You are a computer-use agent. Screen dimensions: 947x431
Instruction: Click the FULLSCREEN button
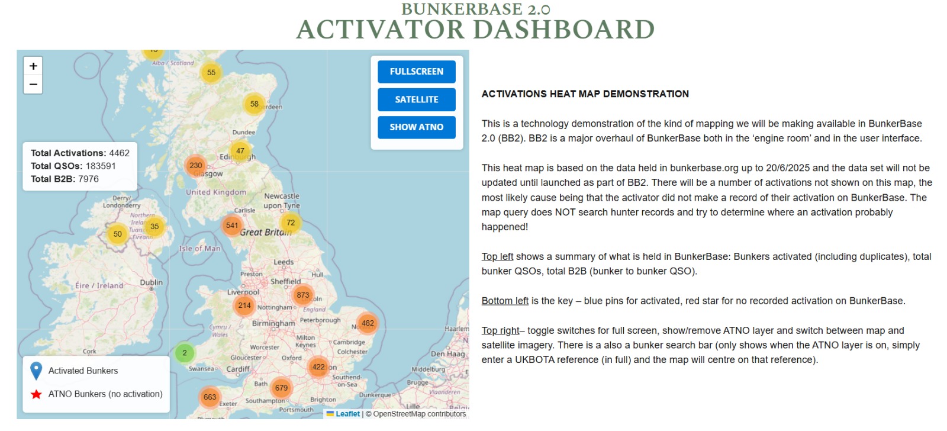pyautogui.click(x=417, y=72)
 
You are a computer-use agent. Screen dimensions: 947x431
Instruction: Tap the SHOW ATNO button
pyautogui.click(x=417, y=127)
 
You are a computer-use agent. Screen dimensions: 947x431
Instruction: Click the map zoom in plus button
pyautogui.click(x=33, y=66)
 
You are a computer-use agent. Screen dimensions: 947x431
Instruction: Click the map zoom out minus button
pyautogui.click(x=33, y=84)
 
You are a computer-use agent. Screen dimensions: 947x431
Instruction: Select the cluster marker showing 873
pyautogui.click(x=302, y=295)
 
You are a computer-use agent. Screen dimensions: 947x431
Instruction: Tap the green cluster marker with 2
pyautogui.click(x=184, y=352)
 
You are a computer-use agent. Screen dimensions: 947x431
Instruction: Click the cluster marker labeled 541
pyautogui.click(x=231, y=226)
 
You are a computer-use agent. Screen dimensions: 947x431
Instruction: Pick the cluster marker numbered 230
pyautogui.click(x=195, y=165)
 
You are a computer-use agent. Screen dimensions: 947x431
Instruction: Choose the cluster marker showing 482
pyautogui.click(x=368, y=324)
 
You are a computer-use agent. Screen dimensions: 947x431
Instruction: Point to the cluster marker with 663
pyautogui.click(x=210, y=397)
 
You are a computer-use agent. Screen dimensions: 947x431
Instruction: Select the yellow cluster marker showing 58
pyautogui.click(x=254, y=104)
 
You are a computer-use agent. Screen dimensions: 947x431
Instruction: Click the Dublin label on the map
pyautogui.click(x=151, y=282)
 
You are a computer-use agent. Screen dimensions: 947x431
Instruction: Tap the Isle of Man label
pyautogui.click(x=200, y=248)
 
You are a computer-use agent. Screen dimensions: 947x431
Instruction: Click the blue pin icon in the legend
pyautogui.click(x=36, y=371)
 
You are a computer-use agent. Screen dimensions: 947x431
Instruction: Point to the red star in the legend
pyautogui.click(x=36, y=394)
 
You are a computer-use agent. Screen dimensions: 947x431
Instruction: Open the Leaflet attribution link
pyautogui.click(x=347, y=414)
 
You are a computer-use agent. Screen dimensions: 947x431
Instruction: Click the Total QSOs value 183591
pyautogui.click(x=101, y=166)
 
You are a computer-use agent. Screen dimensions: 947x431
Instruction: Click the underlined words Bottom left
pyautogui.click(x=505, y=301)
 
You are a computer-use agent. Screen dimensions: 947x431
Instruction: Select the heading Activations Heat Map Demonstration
pyautogui.click(x=585, y=94)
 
